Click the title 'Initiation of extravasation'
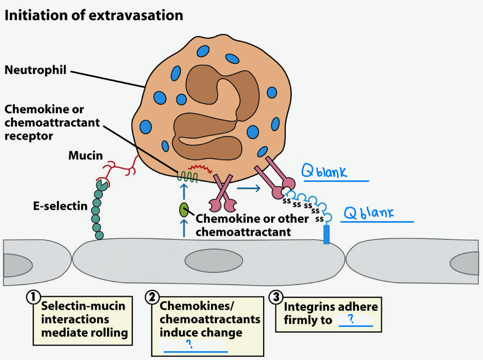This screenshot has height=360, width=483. click(x=94, y=16)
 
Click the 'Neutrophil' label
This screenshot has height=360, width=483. click(x=36, y=70)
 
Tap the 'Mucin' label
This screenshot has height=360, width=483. click(x=86, y=156)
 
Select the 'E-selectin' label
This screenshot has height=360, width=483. click(x=60, y=206)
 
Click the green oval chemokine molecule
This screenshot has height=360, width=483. click(x=184, y=210)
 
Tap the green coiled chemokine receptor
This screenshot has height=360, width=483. click(x=187, y=177)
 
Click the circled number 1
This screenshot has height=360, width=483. click(x=33, y=297)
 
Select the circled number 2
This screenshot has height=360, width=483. click(x=152, y=297)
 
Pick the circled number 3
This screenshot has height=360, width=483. click(x=276, y=297)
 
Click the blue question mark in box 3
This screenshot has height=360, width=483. click(x=351, y=319)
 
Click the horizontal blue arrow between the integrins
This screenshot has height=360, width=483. click(x=249, y=188)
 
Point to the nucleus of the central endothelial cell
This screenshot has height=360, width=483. click(x=213, y=260)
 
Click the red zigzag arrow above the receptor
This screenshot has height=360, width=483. click(x=200, y=168)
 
